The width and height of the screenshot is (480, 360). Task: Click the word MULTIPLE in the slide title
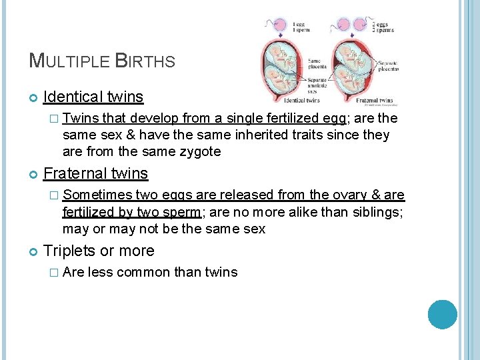pos(69,61)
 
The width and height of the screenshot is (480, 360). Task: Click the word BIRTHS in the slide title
pos(145,61)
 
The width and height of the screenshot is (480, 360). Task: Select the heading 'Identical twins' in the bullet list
pos(93,97)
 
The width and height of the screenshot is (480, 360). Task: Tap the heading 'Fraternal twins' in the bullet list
pos(95,174)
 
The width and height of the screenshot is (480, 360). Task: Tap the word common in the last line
pos(142,272)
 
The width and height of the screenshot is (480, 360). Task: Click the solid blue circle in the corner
pos(442,315)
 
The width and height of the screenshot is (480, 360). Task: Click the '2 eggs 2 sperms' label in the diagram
pos(383,26)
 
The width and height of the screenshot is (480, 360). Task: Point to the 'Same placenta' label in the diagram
pos(317,65)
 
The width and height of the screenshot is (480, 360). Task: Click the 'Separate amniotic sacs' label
pos(317,85)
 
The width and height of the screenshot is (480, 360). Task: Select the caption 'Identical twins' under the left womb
pos(302,101)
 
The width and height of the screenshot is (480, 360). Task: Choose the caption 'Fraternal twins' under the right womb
pos(374,101)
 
